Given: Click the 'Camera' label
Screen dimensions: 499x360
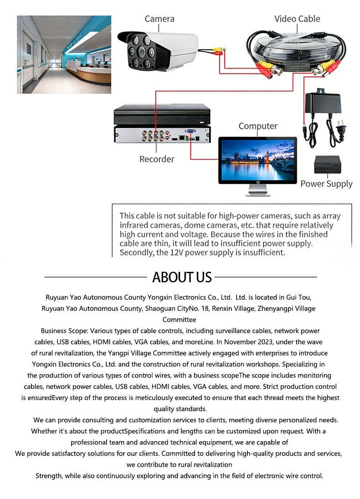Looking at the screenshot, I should pyautogui.click(x=159, y=19).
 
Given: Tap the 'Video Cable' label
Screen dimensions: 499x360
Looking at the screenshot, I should pyautogui.click(x=297, y=19).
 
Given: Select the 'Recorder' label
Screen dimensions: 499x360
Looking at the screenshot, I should pyautogui.click(x=157, y=159).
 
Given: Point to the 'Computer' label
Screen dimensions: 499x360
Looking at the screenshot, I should pyautogui.click(x=258, y=126).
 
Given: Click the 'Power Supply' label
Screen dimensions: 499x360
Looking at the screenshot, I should pyautogui.click(x=326, y=183).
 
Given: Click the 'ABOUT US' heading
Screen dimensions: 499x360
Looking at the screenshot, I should pyautogui.click(x=182, y=277).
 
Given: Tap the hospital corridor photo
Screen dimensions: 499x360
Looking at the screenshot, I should pyautogui.click(x=64, y=55).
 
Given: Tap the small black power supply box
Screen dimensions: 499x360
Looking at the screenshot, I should pyautogui.click(x=327, y=165).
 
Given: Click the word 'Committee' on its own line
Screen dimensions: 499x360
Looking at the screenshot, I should pyautogui.click(x=180, y=320).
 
